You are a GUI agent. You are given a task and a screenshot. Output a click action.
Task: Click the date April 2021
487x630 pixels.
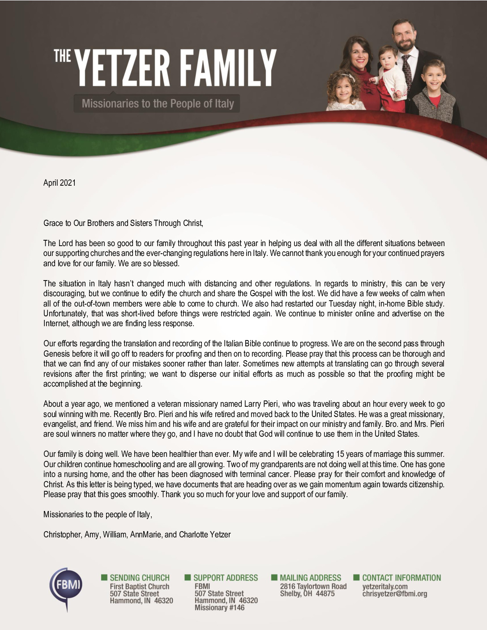[x=60, y=183]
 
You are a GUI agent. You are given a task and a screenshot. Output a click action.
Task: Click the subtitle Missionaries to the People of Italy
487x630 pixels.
[x=158, y=104]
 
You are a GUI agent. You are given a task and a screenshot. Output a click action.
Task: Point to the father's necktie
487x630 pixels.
[x=406, y=72]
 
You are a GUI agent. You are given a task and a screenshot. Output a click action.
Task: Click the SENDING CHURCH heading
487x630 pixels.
[x=139, y=578]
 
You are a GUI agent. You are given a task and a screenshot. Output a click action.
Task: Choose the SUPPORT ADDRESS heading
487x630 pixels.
[x=226, y=578]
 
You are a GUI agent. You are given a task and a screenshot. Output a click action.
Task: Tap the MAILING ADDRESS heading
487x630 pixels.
[x=310, y=578]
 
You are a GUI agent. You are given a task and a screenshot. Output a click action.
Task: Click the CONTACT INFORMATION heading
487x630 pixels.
[x=401, y=578]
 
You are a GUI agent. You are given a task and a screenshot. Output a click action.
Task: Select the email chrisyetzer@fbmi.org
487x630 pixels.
[x=394, y=594]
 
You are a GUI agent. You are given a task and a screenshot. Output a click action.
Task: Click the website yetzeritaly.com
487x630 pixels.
[x=385, y=586]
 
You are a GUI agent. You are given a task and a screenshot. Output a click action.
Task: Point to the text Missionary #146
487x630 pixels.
[x=219, y=608]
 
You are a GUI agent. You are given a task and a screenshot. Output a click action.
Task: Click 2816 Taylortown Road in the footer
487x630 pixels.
[x=313, y=586]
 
